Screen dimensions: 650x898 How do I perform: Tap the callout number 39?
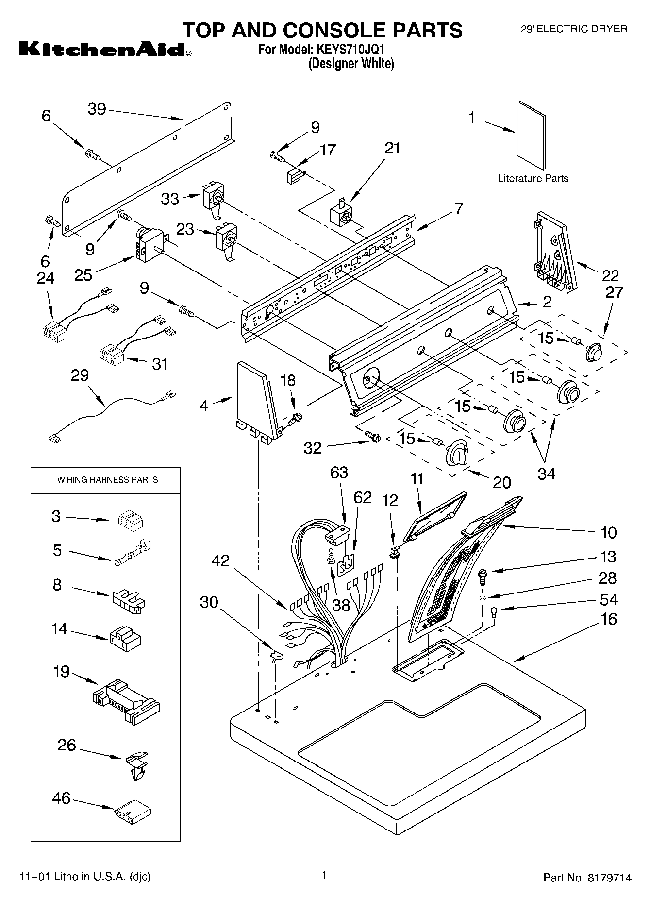coord(97,109)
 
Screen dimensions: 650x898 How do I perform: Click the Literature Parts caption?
coord(533,178)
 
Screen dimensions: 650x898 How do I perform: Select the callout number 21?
coord(392,148)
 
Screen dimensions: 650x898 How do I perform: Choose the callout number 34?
coord(547,474)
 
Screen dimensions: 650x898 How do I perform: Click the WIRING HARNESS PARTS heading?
coord(108,480)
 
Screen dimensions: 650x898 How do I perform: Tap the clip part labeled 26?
coord(137,765)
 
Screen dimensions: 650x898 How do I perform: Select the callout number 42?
coord(220,561)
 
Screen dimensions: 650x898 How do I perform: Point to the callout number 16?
coord(608,619)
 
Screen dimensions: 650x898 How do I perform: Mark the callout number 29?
coord(80,375)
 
